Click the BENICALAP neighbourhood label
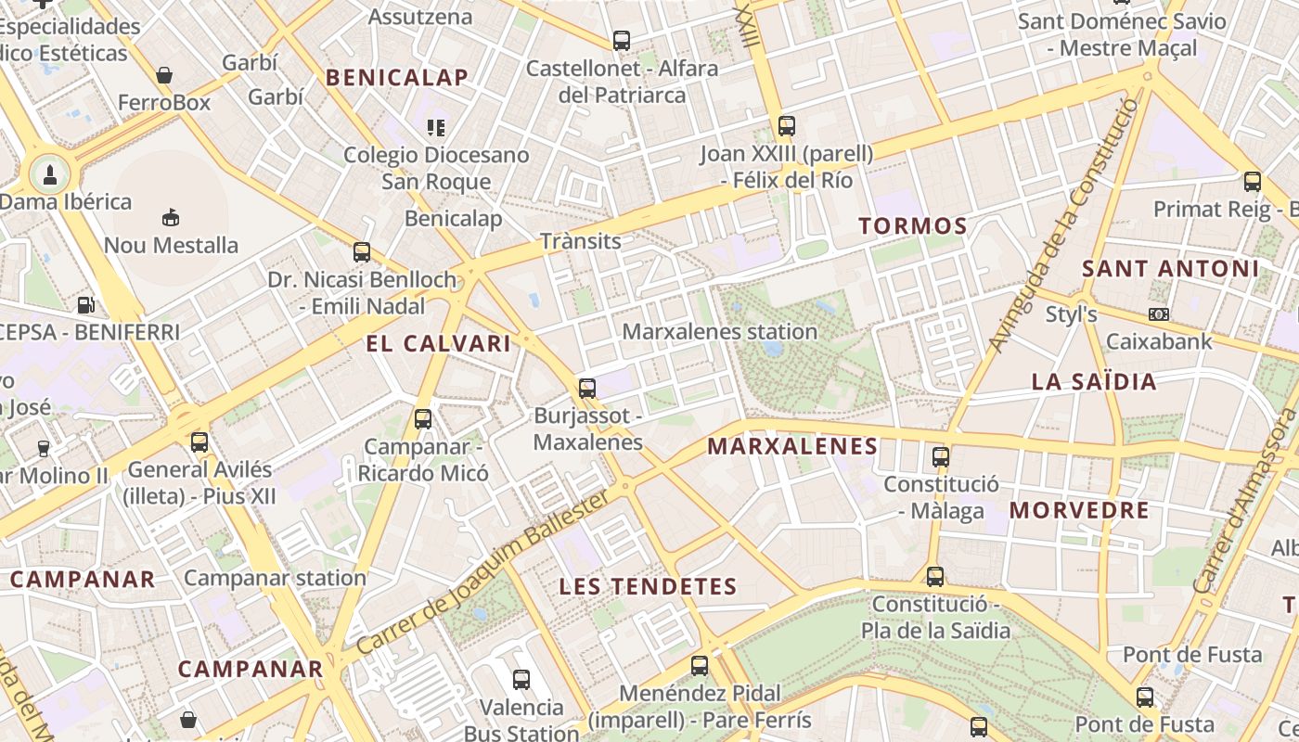396,78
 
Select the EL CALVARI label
438,344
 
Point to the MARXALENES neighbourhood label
792,446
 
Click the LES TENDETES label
649,586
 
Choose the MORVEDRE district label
1079,510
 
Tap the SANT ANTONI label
1171,269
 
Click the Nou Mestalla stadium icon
171,218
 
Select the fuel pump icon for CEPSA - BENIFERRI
85,303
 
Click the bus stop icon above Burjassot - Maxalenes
587,389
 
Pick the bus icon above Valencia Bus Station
521,680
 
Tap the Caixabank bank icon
1158,314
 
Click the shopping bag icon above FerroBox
164,75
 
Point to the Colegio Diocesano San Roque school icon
436,127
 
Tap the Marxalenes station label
720,331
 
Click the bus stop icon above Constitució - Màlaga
941,456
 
